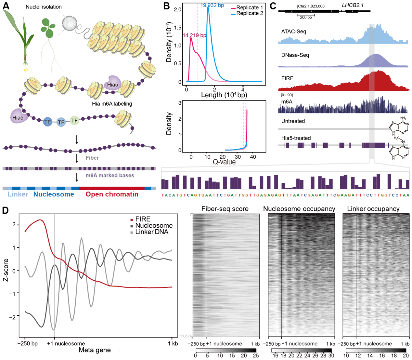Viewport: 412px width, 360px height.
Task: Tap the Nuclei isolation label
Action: tap(44, 7)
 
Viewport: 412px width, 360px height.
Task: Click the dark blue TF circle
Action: tap(48, 122)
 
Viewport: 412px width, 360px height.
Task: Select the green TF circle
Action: tap(75, 121)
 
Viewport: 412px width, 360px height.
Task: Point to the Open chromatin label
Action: tap(112, 194)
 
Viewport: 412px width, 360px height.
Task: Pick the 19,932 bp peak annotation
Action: tap(212, 5)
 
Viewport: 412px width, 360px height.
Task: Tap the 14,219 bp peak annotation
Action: tap(194, 35)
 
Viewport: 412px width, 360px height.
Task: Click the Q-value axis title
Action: tap(224, 162)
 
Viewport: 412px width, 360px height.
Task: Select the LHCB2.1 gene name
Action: tap(353, 5)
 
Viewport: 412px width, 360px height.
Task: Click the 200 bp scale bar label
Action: tap(306, 18)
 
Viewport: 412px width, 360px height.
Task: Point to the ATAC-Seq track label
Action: tap(294, 32)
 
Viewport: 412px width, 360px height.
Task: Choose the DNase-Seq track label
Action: tap(295, 55)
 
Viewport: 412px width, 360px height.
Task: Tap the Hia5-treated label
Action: tap(296, 138)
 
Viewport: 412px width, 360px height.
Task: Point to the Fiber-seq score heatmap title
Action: tap(225, 209)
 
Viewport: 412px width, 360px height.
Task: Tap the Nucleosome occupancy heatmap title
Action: tap(299, 209)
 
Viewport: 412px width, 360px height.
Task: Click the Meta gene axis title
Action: tap(95, 350)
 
